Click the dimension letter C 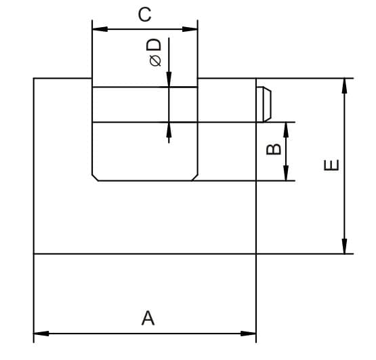coord(144,14)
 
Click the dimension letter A coord(148,318)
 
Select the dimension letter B coord(274,149)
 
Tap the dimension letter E coord(331,165)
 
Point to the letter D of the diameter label coord(154,45)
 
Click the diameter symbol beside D coord(155,60)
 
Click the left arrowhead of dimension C coord(100,29)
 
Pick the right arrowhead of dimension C coord(190,29)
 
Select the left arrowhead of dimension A coord(41,334)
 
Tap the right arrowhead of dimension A coord(249,334)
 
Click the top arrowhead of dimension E coord(345,86)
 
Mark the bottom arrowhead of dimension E coord(345,246)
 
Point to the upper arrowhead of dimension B coord(286,130)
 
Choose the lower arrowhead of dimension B coord(286,173)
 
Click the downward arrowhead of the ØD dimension coord(169,79)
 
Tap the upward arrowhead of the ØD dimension coord(169,130)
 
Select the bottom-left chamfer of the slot coord(95,178)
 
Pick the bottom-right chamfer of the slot coord(194,178)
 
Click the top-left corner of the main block coord(34,78)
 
